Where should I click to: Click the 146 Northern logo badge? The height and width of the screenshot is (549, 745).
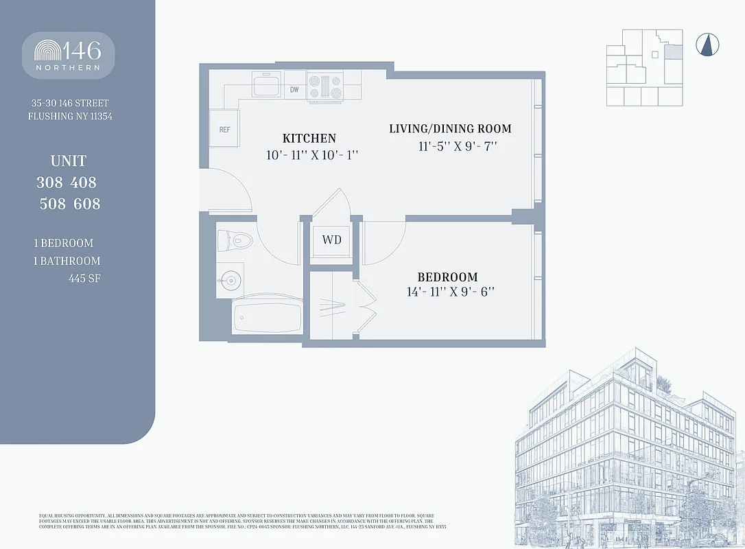(x=68, y=55)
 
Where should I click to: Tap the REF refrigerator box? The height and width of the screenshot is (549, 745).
(x=224, y=129)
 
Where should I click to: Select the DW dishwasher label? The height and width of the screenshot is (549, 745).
(x=294, y=90)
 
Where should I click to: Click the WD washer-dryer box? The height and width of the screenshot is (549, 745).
(x=332, y=240)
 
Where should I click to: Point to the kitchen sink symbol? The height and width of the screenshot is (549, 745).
(x=265, y=86)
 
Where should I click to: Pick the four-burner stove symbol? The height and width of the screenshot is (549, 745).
(x=324, y=87)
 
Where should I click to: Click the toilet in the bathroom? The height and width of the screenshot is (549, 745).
(x=235, y=240)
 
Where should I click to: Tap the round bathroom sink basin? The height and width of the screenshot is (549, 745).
(x=230, y=280)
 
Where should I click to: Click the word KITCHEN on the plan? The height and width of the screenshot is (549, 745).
(x=309, y=139)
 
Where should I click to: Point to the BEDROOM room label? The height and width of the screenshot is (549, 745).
(x=447, y=277)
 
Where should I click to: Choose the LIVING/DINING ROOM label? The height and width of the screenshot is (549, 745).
(x=450, y=129)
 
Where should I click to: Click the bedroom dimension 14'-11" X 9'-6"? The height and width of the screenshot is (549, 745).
(x=451, y=292)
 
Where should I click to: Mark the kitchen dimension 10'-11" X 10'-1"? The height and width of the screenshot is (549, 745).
(x=313, y=155)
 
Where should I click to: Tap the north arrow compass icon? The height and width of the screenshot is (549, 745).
(x=707, y=45)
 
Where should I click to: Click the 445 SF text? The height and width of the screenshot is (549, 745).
(x=84, y=279)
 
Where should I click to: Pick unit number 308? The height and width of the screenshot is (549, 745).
(x=52, y=183)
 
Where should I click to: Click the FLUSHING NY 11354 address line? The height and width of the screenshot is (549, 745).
(x=70, y=116)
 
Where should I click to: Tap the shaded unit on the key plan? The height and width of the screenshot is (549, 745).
(x=675, y=51)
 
